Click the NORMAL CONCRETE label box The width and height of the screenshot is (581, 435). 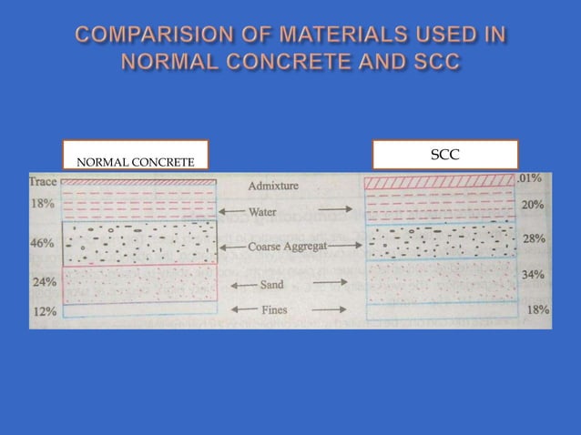(136, 156)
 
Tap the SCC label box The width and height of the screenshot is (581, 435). (444, 155)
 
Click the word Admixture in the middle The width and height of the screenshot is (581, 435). (273, 186)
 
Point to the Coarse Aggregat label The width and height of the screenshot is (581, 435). (287, 247)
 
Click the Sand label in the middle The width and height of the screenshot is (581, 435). (272, 285)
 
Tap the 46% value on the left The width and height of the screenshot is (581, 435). (43, 244)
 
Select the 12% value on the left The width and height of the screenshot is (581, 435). (45, 311)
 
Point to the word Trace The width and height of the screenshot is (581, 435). (43, 181)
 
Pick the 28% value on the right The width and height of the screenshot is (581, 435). (534, 239)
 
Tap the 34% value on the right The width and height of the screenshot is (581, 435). (534, 274)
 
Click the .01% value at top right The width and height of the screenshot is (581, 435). (531, 178)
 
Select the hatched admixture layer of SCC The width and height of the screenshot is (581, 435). (439, 183)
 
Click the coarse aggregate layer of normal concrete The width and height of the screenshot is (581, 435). (139, 244)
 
